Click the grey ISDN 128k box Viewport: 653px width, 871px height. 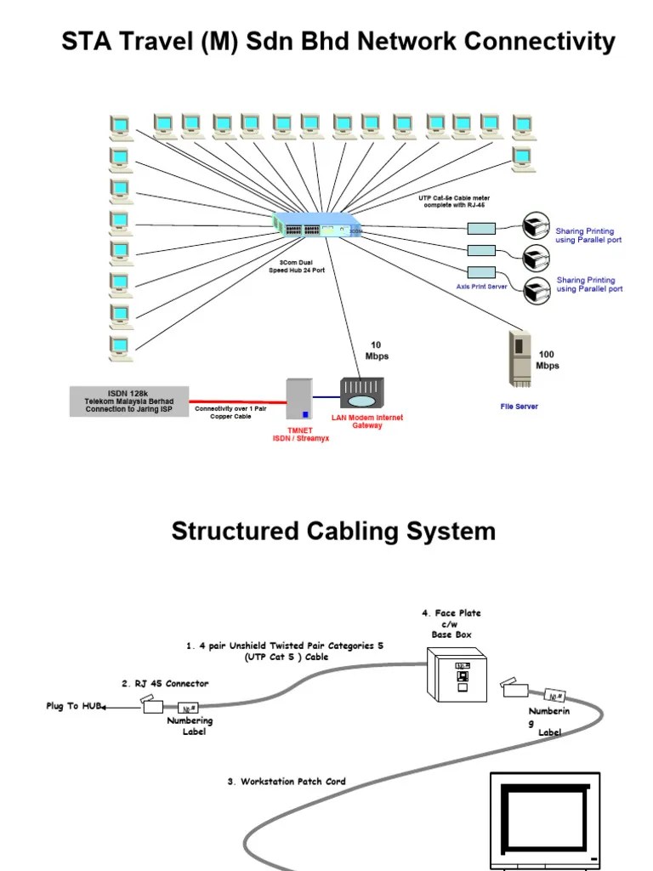[128, 401]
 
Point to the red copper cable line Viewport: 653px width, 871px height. [237, 401]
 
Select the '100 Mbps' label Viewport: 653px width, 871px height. [548, 360]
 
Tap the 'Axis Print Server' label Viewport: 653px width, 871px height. [481, 287]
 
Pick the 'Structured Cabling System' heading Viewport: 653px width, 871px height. [333, 532]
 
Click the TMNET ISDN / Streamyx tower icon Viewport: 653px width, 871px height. [298, 400]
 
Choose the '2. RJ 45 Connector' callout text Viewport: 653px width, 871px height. [165, 683]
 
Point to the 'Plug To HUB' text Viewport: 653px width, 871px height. [74, 706]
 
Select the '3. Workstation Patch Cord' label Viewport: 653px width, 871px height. [287, 781]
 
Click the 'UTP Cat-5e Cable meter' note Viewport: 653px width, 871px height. [454, 202]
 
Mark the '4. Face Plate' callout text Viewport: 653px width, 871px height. [451, 613]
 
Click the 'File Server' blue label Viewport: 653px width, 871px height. [519, 407]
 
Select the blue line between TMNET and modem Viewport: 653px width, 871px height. [326, 397]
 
